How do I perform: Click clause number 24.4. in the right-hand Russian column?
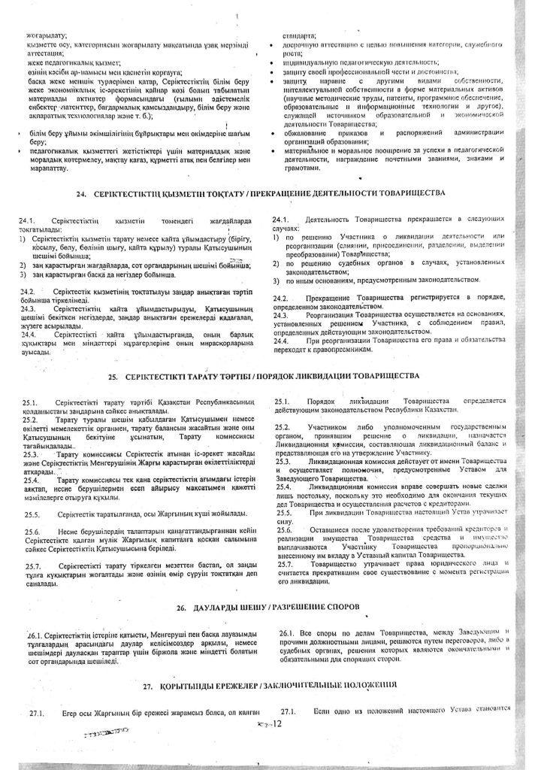point(283,341)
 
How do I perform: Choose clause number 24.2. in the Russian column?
point(283,299)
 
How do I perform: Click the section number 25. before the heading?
point(114,374)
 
